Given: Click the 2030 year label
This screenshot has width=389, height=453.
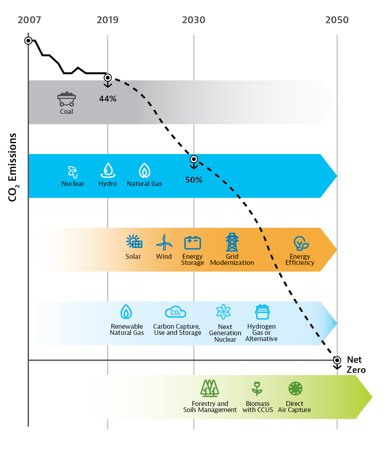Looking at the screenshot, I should click(193, 20).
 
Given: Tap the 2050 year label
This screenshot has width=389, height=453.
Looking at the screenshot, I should click(337, 20).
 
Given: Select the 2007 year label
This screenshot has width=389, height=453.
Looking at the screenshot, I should click(29, 20).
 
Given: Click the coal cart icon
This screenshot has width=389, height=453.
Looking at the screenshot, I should click(66, 99).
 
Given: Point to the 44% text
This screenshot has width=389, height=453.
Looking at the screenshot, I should click(108, 99).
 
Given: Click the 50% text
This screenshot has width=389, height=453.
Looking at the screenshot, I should click(194, 180).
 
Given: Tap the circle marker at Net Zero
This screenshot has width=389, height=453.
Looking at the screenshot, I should click(337, 360).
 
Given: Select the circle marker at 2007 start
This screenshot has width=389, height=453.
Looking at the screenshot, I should click(28, 41).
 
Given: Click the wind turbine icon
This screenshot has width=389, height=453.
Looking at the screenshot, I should click(164, 242).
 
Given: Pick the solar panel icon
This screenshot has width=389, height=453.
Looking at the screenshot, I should click(134, 242).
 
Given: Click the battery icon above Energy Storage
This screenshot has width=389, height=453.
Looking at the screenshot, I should click(192, 242).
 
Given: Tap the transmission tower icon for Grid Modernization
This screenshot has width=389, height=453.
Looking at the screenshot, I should click(232, 242).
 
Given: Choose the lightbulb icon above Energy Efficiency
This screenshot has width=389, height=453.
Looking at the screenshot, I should click(300, 243).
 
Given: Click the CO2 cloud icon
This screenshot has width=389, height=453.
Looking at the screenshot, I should click(176, 312).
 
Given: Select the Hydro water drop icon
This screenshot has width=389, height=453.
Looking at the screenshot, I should click(108, 170).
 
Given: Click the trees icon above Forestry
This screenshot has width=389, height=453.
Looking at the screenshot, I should click(210, 388).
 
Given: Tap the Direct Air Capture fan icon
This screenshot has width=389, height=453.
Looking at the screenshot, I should click(295, 388).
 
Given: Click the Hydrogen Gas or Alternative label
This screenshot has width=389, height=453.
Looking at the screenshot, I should click(261, 333).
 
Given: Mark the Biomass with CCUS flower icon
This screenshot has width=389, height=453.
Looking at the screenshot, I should click(257, 388).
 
